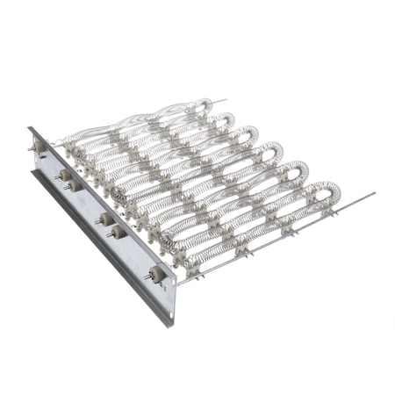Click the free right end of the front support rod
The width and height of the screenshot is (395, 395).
pos(374,194)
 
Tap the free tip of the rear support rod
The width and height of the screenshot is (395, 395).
pos(226,100)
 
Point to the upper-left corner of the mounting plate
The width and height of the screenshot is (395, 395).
pos(30,129)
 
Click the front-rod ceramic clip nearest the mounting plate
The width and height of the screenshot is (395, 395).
pos(197,275)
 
